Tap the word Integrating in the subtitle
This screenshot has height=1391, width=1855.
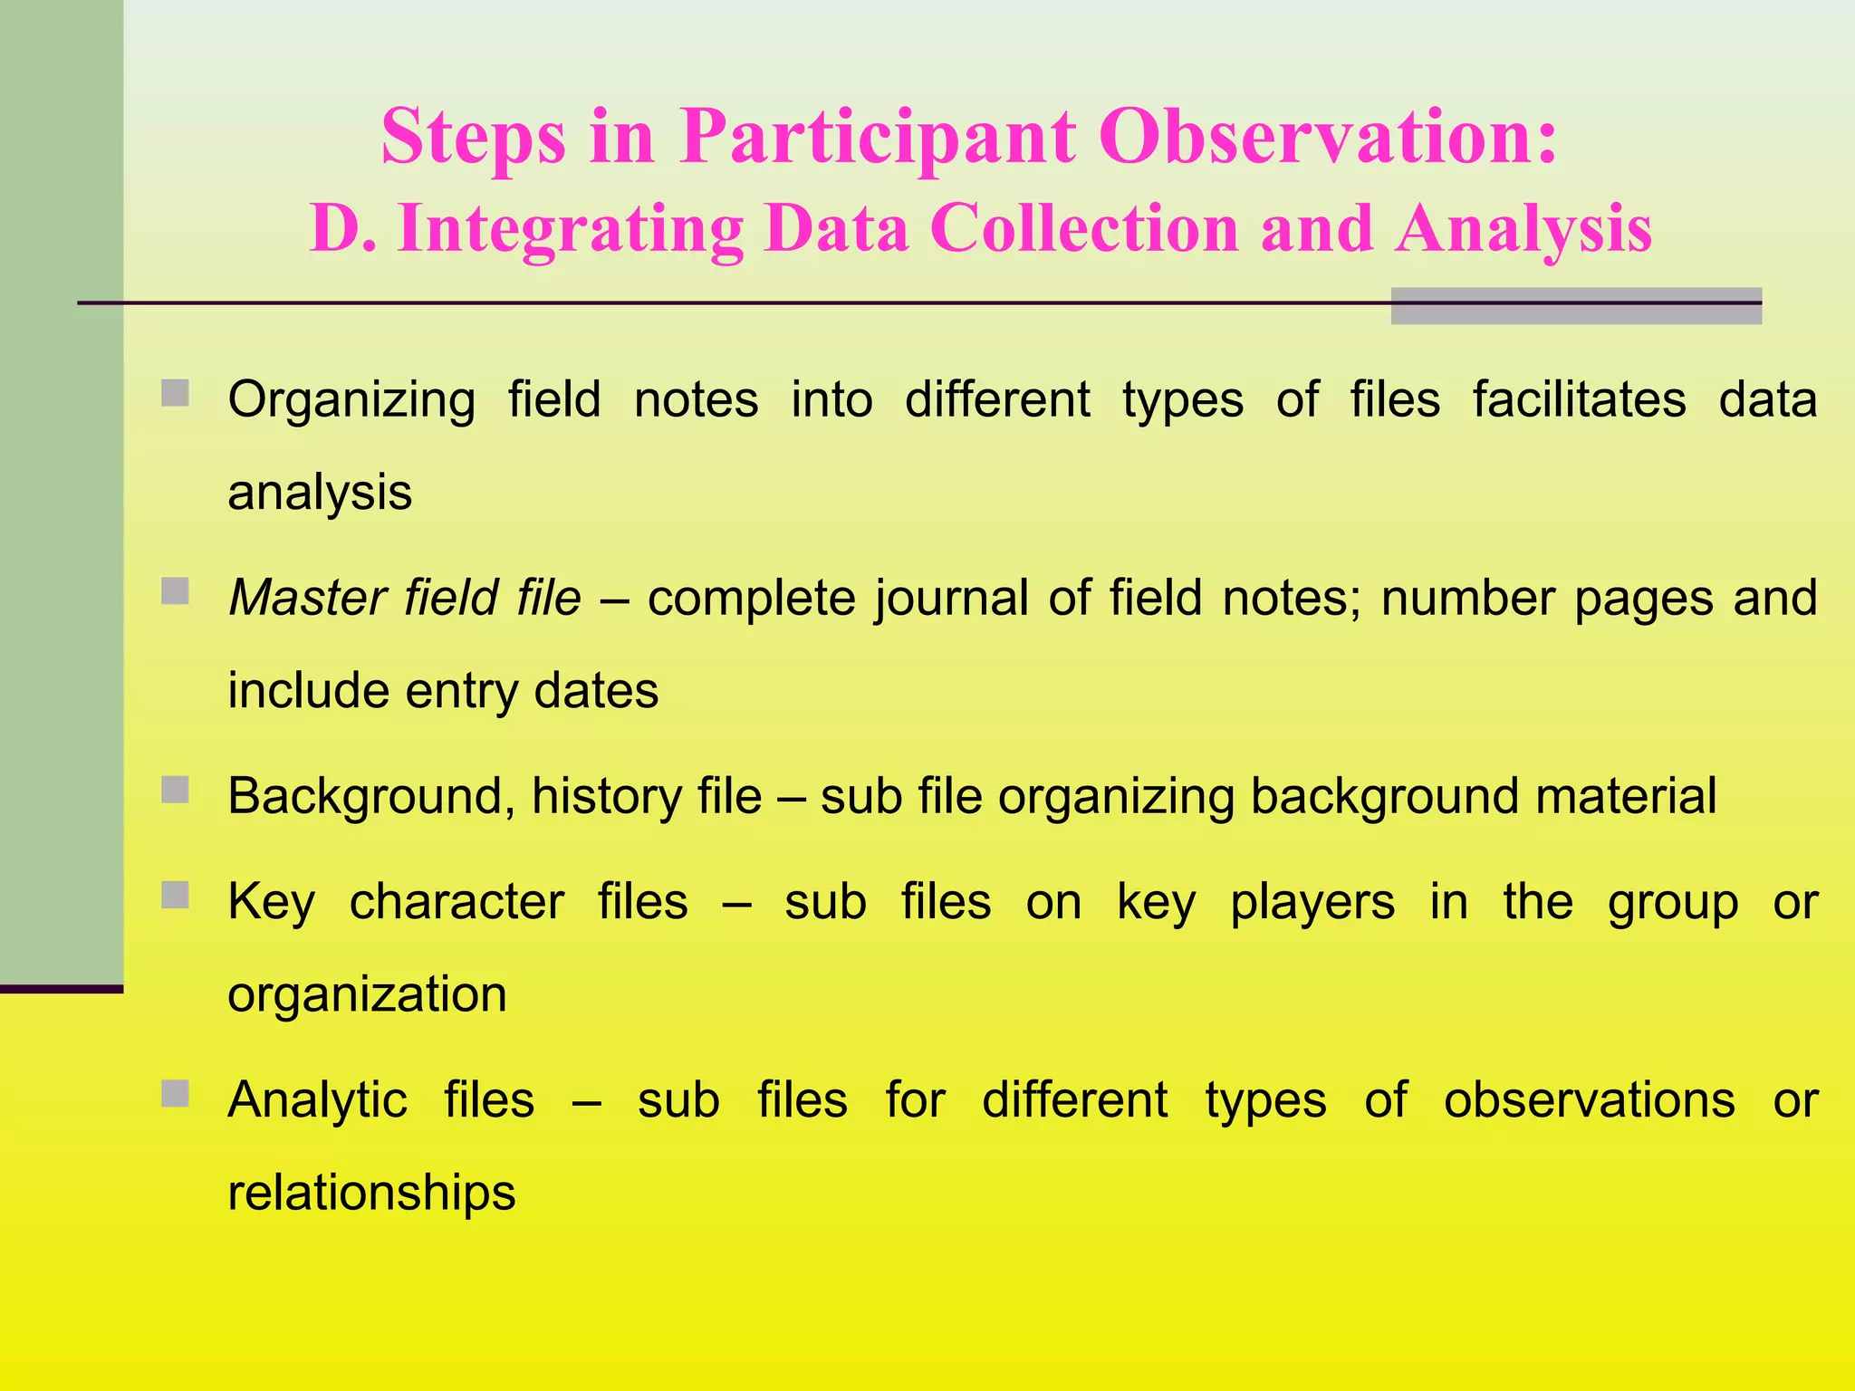[570, 229]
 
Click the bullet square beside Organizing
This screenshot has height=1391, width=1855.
[175, 393]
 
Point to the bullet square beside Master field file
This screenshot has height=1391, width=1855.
[175, 591]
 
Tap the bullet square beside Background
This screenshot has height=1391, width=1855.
[175, 790]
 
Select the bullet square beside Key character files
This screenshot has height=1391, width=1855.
[175, 895]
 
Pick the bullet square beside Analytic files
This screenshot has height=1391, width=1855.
[175, 1093]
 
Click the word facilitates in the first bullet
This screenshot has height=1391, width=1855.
[1579, 399]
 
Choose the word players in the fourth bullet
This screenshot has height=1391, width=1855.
[1312, 903]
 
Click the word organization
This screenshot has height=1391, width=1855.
[367, 995]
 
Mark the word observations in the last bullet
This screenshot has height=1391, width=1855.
[1589, 1100]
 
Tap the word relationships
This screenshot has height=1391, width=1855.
[371, 1192]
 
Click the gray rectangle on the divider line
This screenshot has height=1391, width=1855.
[1575, 306]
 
